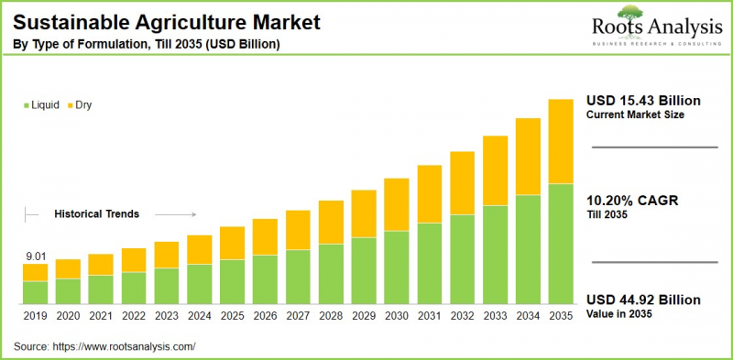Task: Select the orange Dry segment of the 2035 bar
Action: click(x=561, y=141)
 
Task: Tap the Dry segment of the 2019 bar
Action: click(x=35, y=272)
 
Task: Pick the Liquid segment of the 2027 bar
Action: click(x=298, y=277)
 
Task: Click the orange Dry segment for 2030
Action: click(x=396, y=203)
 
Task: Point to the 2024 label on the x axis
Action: click(x=200, y=315)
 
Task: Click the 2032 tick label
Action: click(x=462, y=315)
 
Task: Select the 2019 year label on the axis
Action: click(x=35, y=315)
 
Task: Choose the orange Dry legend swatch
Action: click(x=70, y=105)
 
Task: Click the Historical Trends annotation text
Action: click(x=96, y=213)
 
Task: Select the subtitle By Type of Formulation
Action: click(x=147, y=44)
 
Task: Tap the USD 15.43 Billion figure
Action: click(x=643, y=100)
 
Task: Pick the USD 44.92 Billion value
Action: click(x=643, y=300)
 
